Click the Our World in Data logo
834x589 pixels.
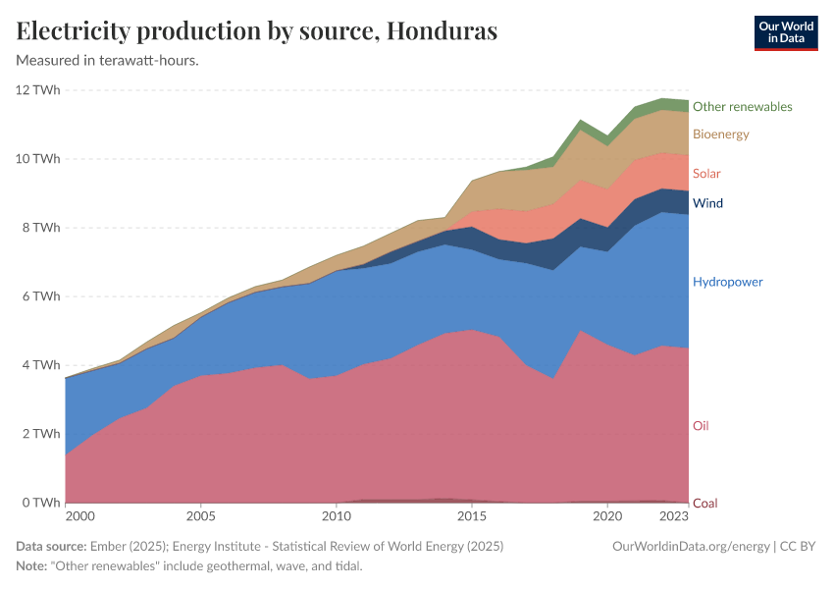click(x=785, y=32)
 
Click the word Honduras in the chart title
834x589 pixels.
click(x=443, y=31)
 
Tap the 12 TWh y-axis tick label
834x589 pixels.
click(x=38, y=90)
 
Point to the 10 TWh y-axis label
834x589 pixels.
click(x=38, y=159)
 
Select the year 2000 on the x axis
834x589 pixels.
click(x=79, y=515)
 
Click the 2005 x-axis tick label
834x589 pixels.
click(x=200, y=515)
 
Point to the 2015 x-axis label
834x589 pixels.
click(x=472, y=515)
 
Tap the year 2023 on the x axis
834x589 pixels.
click(x=673, y=515)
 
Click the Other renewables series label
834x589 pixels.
click(x=742, y=106)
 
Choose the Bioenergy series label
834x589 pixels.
click(x=720, y=134)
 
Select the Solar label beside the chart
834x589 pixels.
click(x=706, y=174)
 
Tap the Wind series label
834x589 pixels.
click(x=707, y=203)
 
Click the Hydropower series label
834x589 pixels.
click(x=727, y=282)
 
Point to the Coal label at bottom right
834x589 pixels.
click(x=704, y=504)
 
